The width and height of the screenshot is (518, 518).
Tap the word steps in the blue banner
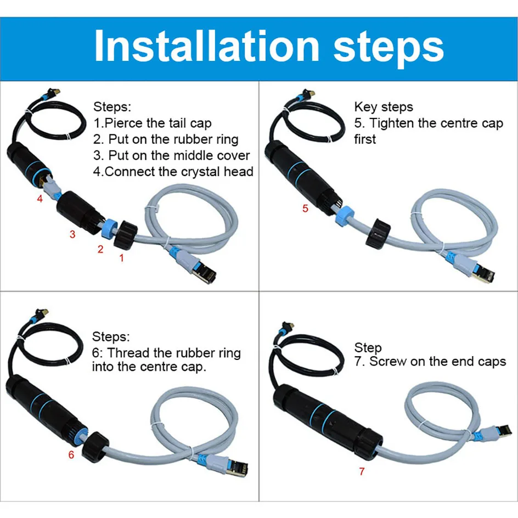[388, 46]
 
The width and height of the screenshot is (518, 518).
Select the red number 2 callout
[100, 249]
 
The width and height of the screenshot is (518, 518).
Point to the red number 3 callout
[72, 234]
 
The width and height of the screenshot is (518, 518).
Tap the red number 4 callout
[40, 199]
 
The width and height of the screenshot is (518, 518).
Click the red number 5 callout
[306, 209]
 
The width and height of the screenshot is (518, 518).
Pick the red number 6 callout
[71, 454]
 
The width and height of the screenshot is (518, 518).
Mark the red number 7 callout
[362, 471]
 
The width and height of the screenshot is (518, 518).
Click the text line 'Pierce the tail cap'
[153, 123]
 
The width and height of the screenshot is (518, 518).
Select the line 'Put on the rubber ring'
[166, 139]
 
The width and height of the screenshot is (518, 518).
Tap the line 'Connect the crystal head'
[173, 172]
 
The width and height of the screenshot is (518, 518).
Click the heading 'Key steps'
[383, 107]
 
